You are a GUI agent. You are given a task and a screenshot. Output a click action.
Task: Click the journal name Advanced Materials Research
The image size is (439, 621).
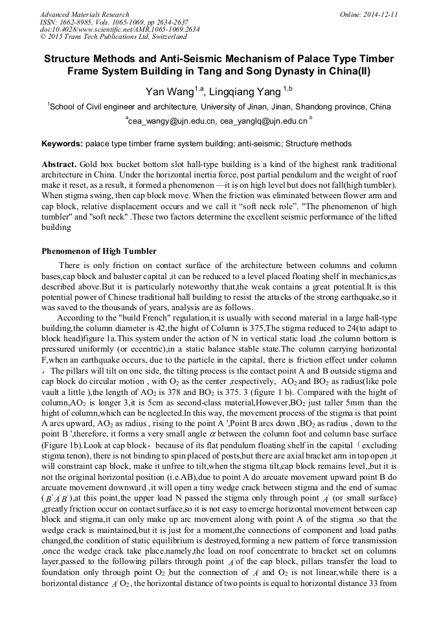84,14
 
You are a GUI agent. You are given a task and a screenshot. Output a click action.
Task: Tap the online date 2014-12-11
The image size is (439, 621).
379,14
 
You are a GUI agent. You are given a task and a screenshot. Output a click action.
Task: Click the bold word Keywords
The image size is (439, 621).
62,142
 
